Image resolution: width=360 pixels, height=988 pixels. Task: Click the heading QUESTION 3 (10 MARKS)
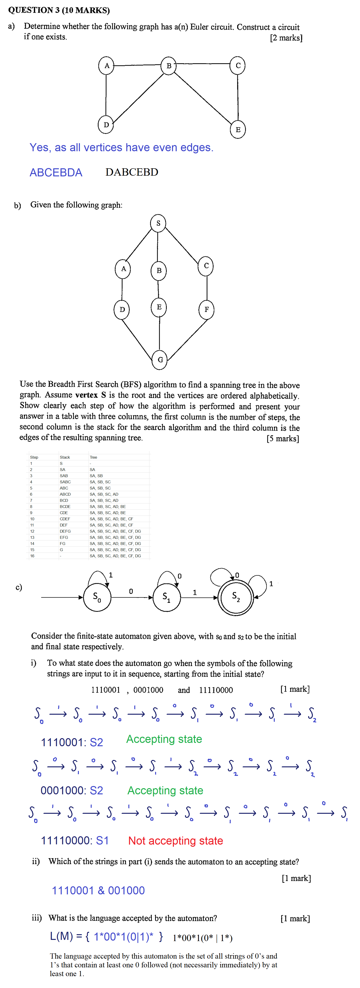click(x=59, y=10)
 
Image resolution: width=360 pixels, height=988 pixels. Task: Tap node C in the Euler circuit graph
click(x=238, y=66)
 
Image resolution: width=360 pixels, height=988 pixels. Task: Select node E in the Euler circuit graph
click(x=238, y=130)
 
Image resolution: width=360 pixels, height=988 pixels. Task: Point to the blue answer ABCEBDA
click(x=56, y=173)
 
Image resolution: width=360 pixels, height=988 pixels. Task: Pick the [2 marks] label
click(x=286, y=38)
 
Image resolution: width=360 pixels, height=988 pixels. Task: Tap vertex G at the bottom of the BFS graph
click(x=160, y=360)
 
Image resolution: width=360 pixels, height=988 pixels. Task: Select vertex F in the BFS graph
click(x=206, y=310)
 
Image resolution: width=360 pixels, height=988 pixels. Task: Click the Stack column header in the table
click(x=65, y=457)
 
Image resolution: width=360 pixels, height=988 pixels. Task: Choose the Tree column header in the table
click(x=93, y=457)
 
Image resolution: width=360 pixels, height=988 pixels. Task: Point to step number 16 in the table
click(x=32, y=556)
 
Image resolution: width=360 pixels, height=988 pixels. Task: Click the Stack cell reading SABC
click(x=65, y=482)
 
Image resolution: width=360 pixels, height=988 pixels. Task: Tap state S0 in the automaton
click(x=97, y=597)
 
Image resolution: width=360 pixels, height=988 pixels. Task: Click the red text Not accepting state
click(x=175, y=841)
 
